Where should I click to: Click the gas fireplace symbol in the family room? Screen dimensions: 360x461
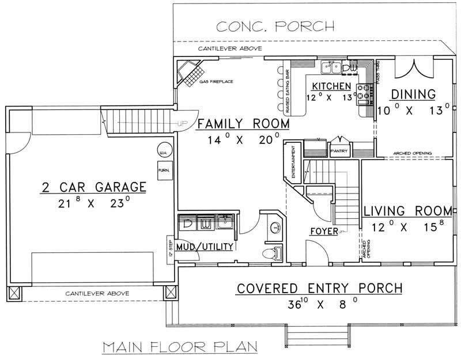(x=190, y=72)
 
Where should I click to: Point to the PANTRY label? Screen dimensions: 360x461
(x=337, y=151)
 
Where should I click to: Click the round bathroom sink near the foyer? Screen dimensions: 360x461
(x=276, y=226)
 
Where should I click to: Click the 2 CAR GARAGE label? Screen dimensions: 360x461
(x=93, y=187)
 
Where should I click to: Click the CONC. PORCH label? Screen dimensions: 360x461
(x=275, y=25)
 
